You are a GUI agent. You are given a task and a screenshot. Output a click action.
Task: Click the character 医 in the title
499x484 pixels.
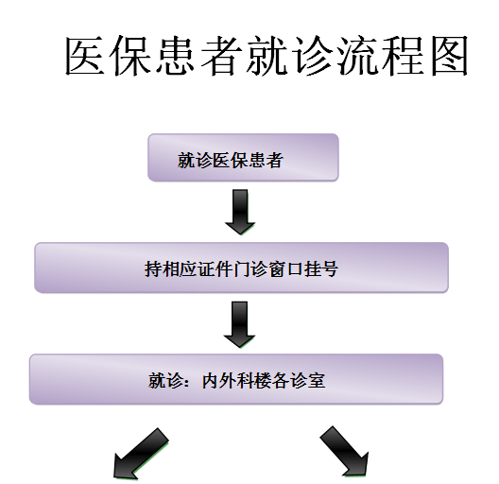coord(85,56)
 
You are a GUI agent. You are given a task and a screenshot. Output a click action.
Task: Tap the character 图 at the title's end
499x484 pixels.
coord(449,56)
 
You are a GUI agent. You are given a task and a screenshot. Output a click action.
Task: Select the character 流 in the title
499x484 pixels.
coord(357,56)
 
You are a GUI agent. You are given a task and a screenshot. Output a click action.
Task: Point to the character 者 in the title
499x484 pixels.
coord(221,56)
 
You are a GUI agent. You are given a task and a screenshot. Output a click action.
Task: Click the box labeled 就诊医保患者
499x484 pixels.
coord(243,158)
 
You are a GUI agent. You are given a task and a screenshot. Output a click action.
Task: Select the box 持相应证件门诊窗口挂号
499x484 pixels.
coord(241,268)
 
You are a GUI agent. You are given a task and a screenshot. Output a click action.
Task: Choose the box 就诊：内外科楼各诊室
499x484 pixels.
coord(236,379)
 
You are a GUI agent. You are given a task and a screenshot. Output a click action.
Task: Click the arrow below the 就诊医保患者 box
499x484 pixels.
coord(240,212)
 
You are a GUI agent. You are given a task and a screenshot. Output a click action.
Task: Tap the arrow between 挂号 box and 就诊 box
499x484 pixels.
coord(240,324)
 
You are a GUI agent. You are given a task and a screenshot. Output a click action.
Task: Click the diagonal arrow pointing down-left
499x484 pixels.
coord(141,454)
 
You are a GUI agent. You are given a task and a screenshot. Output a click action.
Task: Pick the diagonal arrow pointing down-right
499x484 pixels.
coord(345,452)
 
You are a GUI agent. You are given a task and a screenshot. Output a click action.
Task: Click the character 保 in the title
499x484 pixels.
coord(130,56)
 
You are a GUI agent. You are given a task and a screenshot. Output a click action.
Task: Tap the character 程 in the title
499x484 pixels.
coord(404,56)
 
